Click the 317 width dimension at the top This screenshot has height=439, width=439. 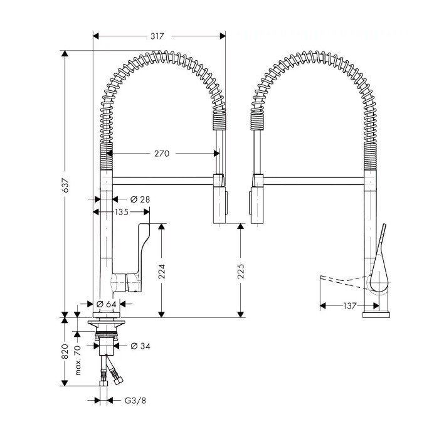tap(157, 36)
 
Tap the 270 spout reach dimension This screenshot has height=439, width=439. tap(162, 153)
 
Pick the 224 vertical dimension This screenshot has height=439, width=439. tap(162, 270)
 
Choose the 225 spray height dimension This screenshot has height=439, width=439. tap(241, 270)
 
